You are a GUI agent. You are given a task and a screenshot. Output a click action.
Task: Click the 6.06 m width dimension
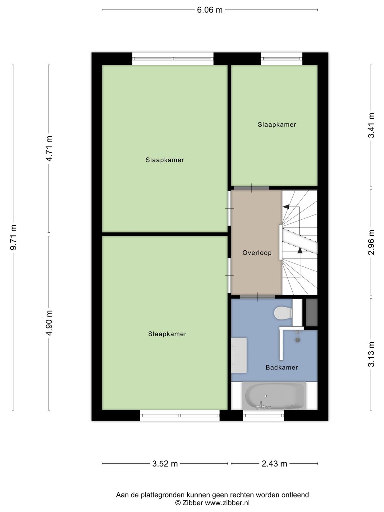tap(210, 10)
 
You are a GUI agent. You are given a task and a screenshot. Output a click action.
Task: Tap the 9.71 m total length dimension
tap(13, 237)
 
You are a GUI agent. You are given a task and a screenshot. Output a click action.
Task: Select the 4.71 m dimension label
tap(49, 149)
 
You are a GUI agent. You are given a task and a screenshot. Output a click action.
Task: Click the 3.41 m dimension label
tap(371, 126)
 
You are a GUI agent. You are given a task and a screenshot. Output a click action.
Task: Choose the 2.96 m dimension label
tap(371, 242)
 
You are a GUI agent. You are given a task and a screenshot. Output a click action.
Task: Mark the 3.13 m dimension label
tap(371, 354)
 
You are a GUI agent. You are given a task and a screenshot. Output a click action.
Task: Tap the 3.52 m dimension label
tap(165, 464)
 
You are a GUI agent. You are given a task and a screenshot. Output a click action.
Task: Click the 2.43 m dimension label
tap(274, 464)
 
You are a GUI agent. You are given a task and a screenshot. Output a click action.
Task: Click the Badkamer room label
tap(282, 368)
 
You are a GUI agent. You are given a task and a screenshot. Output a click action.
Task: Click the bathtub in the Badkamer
tap(274, 396)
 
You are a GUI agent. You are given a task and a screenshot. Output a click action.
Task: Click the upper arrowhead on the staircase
tap(286, 207)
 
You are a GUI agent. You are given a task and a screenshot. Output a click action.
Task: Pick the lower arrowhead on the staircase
tap(300, 250)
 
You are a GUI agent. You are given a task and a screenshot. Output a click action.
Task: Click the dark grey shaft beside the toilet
tap(311, 312)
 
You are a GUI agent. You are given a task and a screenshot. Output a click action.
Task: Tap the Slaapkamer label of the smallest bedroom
tap(277, 124)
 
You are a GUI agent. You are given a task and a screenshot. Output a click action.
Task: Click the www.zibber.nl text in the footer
tap(227, 503)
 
